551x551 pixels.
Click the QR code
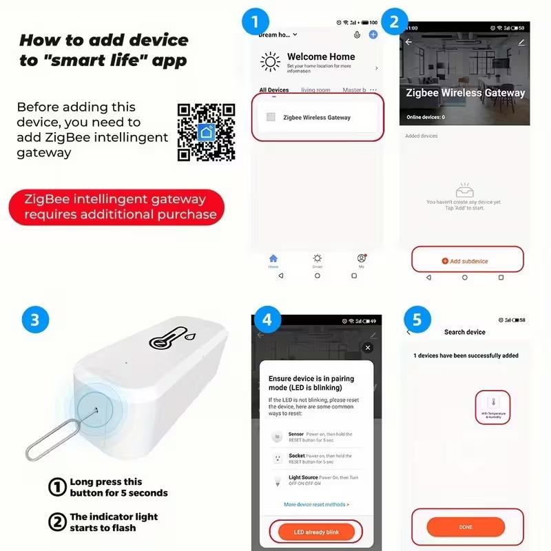tap(207, 132)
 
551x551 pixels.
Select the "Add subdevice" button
tap(465, 261)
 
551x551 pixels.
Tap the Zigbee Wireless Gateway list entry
tap(316, 118)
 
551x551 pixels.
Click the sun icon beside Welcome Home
tap(270, 62)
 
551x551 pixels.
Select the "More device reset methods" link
tap(316, 505)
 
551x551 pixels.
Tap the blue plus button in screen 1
tap(373, 34)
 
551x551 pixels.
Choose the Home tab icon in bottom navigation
tap(273, 258)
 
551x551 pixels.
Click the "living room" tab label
tap(315, 90)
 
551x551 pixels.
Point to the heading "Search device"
tap(464, 332)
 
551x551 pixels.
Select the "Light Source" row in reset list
tap(313, 480)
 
